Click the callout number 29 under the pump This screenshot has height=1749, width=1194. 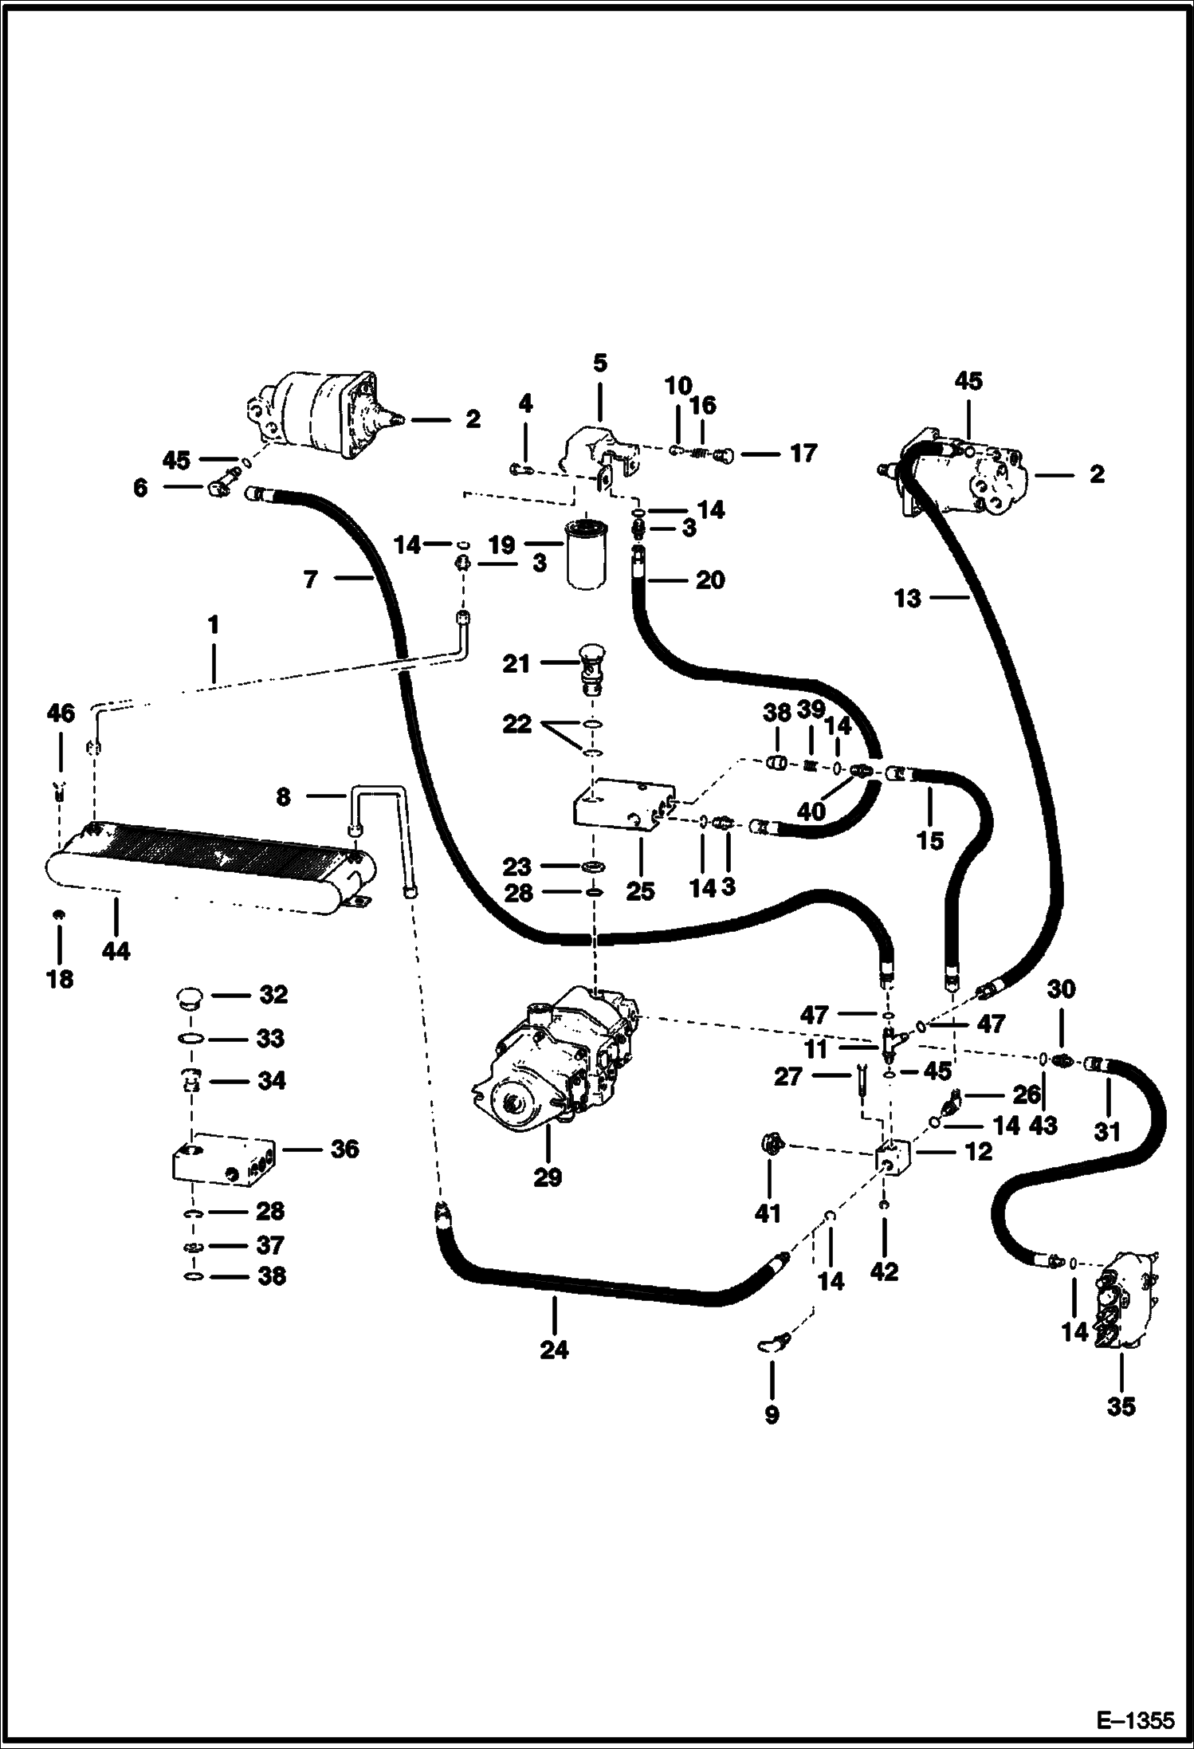[548, 1177]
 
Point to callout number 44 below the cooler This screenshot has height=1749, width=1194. [116, 950]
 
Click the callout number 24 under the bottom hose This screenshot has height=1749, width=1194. [554, 1349]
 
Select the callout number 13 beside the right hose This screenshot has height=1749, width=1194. [907, 598]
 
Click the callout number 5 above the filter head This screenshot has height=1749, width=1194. [599, 364]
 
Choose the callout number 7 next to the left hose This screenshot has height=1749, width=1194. [311, 580]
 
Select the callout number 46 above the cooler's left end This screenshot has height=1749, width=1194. [61, 713]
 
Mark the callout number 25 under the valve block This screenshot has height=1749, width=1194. [639, 890]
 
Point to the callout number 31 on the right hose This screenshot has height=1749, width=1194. [1106, 1131]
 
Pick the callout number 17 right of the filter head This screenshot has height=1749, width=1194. [803, 454]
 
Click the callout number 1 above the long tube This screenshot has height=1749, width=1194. [213, 625]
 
